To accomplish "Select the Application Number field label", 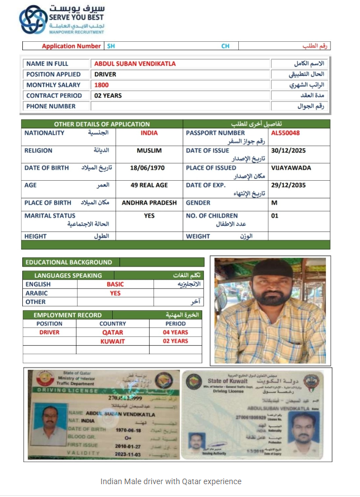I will click(x=71, y=46).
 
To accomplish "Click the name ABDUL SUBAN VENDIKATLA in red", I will click(x=135, y=64).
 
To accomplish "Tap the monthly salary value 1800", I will click(x=102, y=85).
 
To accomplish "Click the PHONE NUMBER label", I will click(x=51, y=107).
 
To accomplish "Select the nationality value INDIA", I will click(x=149, y=133).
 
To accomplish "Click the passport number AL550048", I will click(x=285, y=133).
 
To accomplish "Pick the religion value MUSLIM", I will click(x=149, y=151).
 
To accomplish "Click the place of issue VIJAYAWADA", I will click(x=291, y=168).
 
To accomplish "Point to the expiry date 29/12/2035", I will click(x=289, y=185).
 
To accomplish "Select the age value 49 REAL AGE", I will click(x=149, y=185).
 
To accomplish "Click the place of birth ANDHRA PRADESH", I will click(x=149, y=203).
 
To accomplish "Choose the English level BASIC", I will click(x=115, y=284).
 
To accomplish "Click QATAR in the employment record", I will click(x=112, y=332).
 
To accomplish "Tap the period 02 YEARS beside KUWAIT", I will click(x=175, y=341).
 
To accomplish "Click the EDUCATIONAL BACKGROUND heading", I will click(x=69, y=262).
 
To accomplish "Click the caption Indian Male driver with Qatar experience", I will click(x=171, y=481).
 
